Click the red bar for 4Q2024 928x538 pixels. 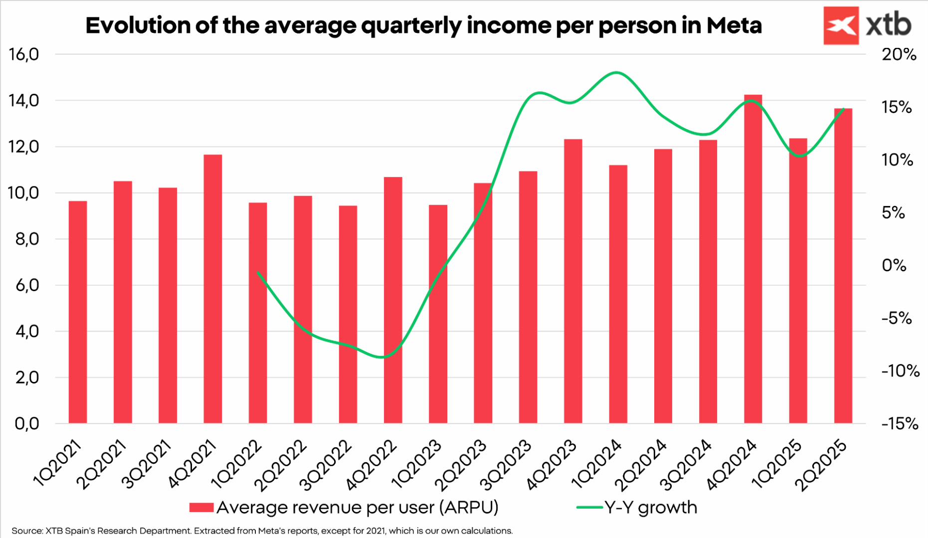752,259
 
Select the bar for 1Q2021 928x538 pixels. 78,312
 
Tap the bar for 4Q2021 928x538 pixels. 213,289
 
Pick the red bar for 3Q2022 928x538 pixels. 348,314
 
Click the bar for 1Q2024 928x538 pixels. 618,294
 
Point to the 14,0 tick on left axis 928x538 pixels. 23,101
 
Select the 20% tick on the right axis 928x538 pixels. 899,55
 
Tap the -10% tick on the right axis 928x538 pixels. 900,371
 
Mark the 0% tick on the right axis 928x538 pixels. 894,265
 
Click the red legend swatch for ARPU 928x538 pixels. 201,508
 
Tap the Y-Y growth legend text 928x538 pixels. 650,508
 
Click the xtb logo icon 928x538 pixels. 841,25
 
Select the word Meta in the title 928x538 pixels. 734,25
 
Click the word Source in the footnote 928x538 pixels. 27,531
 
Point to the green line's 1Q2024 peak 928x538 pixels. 617,73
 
